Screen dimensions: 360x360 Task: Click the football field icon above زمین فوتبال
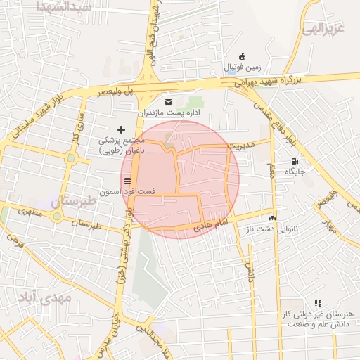[x=243, y=56]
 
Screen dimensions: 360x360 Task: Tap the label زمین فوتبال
[x=243, y=67]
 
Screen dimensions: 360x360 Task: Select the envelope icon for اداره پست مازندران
[x=167, y=101]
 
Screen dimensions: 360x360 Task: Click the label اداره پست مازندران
[x=168, y=112]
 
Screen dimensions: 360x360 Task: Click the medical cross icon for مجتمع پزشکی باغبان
[x=121, y=129]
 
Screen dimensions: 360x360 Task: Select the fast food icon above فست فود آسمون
[x=127, y=181]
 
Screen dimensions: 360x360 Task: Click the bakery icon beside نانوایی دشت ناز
[x=273, y=219]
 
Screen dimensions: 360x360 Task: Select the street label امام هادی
[x=207, y=223]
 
